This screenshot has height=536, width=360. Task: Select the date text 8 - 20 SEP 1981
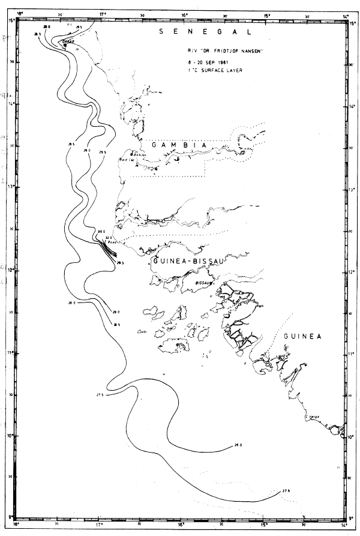click(206, 62)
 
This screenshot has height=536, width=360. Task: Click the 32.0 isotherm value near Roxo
click(108, 238)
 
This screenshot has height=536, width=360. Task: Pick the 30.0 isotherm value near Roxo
click(101, 231)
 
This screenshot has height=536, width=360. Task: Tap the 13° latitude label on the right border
click(351, 190)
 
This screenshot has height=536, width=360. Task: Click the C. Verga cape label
click(311, 416)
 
